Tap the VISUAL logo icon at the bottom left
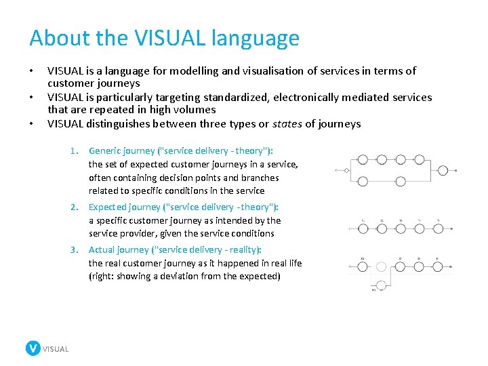[33, 348]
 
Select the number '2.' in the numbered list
[76, 207]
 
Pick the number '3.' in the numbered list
[76, 250]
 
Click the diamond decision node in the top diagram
[346, 170]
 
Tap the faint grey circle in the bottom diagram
[382, 267]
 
